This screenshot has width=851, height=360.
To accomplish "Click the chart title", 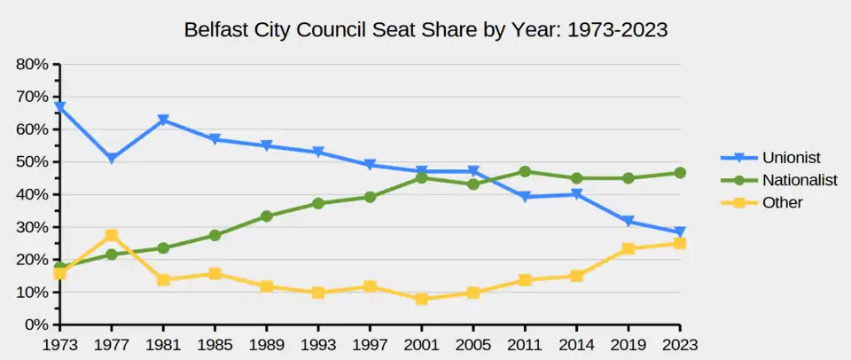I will (425, 29).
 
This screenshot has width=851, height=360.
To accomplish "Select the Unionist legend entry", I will (792, 158).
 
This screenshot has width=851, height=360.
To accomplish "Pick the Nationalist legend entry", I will (800, 180).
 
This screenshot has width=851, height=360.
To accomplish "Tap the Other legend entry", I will (782, 202).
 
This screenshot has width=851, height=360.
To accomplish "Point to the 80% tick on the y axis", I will (31, 64).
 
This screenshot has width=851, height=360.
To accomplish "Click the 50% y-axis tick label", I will (31, 161).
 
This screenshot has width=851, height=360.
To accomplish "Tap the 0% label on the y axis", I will (35, 325).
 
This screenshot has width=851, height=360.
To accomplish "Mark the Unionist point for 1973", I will (59, 107).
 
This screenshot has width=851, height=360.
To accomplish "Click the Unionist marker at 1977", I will (112, 159).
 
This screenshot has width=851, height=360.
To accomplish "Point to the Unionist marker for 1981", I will (163, 120).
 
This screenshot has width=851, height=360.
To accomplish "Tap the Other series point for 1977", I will (112, 235).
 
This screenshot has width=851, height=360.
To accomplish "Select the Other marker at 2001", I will (421, 299).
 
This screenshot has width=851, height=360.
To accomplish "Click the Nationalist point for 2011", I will (525, 172).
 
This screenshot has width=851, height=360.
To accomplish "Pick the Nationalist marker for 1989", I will (267, 216).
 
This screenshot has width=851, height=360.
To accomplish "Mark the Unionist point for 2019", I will (628, 222).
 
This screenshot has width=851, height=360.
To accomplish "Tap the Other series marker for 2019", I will (628, 248).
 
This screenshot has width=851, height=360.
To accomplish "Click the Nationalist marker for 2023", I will (680, 173).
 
